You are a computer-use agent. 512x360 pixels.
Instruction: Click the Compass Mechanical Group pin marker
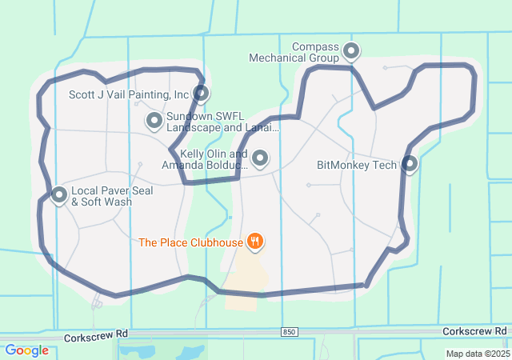pyautogui.click(x=350, y=52)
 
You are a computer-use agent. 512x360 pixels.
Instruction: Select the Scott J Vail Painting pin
pyautogui.click(x=201, y=94)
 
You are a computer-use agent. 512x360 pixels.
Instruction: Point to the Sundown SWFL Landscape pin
pyautogui.click(x=154, y=121)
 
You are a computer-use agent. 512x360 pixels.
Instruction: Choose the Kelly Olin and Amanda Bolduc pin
pyautogui.click(x=260, y=158)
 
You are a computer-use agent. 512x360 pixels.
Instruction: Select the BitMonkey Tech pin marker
pyautogui.click(x=410, y=164)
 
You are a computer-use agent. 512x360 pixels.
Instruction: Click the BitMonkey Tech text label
pyautogui.click(x=357, y=165)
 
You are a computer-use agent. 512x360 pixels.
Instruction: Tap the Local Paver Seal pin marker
pyautogui.click(x=59, y=194)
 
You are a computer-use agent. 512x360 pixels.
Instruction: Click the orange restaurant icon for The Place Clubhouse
pyautogui.click(x=255, y=241)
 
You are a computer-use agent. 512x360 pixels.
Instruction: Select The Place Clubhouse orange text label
pyautogui.click(x=190, y=242)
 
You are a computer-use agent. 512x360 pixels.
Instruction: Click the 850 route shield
pyautogui.click(x=290, y=331)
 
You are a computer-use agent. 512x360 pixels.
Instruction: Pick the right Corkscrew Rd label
pyautogui.click(x=475, y=330)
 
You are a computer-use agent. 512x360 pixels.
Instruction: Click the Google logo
pyautogui.click(x=27, y=350)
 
